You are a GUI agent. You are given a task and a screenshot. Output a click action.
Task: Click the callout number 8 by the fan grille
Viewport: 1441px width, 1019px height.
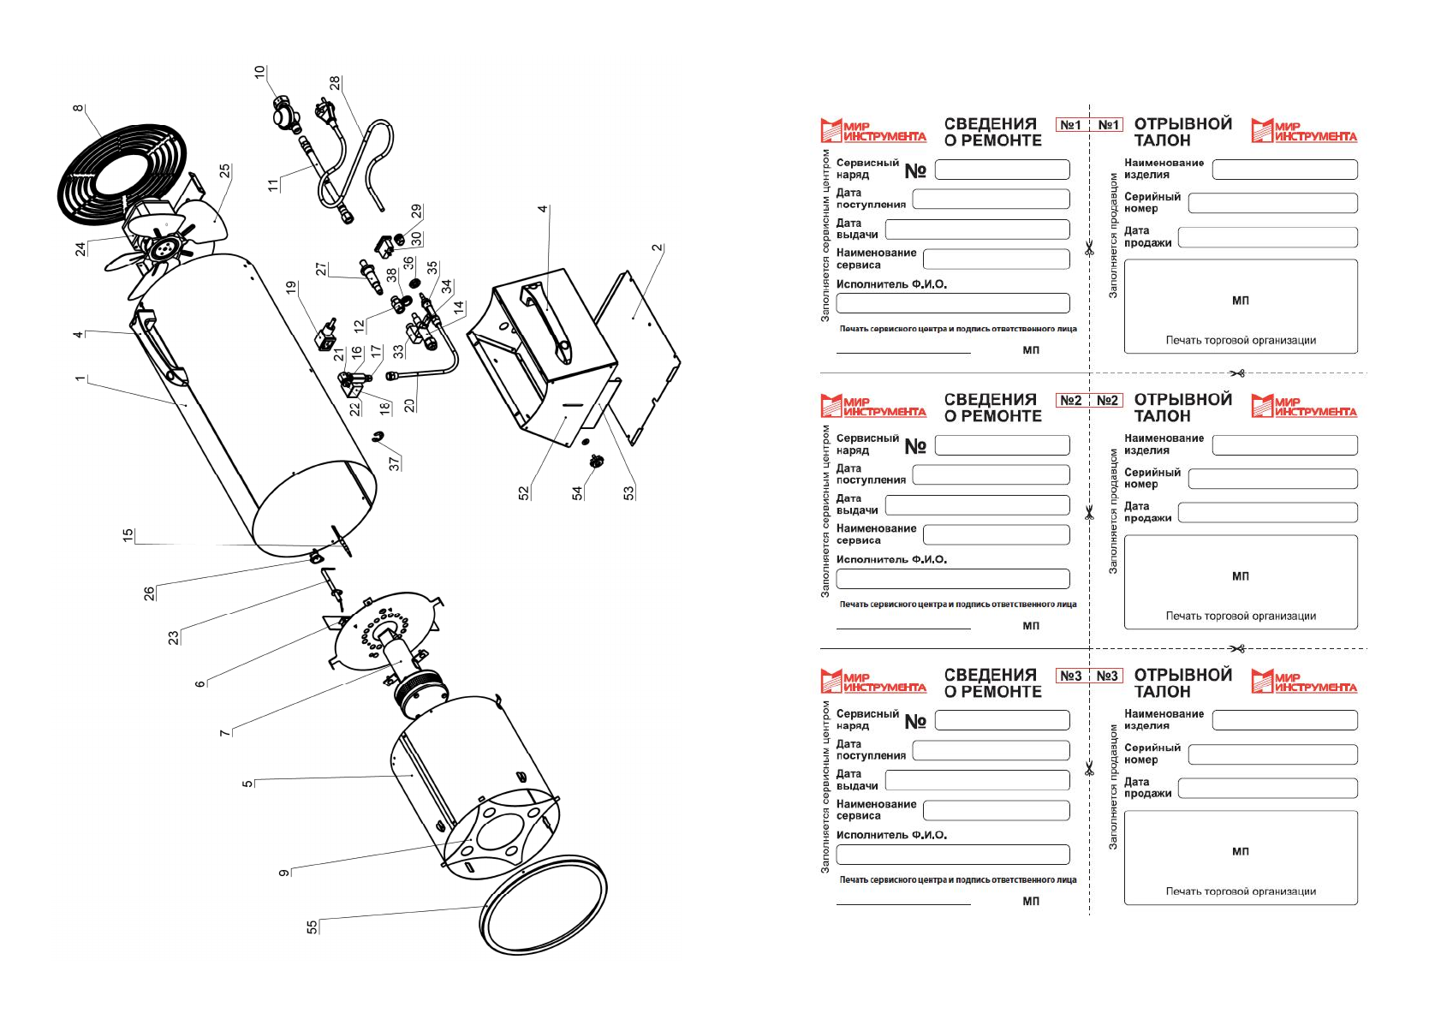pyautogui.click(x=79, y=108)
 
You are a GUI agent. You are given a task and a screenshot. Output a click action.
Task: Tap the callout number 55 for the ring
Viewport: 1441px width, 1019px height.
pyautogui.click(x=312, y=927)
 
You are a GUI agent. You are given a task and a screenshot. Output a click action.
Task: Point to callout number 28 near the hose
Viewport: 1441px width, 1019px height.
pyautogui.click(x=335, y=83)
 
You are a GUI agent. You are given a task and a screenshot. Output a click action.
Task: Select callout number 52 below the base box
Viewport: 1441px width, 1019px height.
pyautogui.click(x=524, y=492)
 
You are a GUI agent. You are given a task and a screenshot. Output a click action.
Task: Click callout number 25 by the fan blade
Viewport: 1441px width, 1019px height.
pyautogui.click(x=224, y=171)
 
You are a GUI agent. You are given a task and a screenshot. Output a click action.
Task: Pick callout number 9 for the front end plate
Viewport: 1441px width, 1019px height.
pyautogui.click(x=284, y=873)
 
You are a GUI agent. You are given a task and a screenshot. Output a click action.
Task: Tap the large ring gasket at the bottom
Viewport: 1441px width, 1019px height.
pyautogui.click(x=545, y=903)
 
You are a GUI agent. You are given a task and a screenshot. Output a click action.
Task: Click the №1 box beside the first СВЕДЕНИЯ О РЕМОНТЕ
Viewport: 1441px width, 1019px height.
pyautogui.click(x=1070, y=125)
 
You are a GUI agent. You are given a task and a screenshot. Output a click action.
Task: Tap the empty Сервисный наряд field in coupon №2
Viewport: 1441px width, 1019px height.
pyautogui.click(x=1002, y=445)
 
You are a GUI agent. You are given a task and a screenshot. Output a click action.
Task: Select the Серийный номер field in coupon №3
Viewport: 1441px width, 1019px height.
pyautogui.click(x=1272, y=754)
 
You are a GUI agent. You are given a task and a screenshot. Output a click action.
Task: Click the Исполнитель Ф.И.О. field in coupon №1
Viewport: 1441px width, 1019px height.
pyautogui.click(x=952, y=303)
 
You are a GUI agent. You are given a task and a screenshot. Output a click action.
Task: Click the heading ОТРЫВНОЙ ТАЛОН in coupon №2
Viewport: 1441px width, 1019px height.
pyautogui.click(x=1182, y=408)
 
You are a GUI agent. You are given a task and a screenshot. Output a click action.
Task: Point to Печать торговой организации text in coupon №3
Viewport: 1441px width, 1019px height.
pyautogui.click(x=1241, y=891)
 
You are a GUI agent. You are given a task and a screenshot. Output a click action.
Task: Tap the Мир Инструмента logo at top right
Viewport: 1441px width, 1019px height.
pyautogui.click(x=1304, y=131)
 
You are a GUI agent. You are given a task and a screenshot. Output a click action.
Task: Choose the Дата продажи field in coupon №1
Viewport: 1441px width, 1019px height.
pyautogui.click(x=1267, y=237)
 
